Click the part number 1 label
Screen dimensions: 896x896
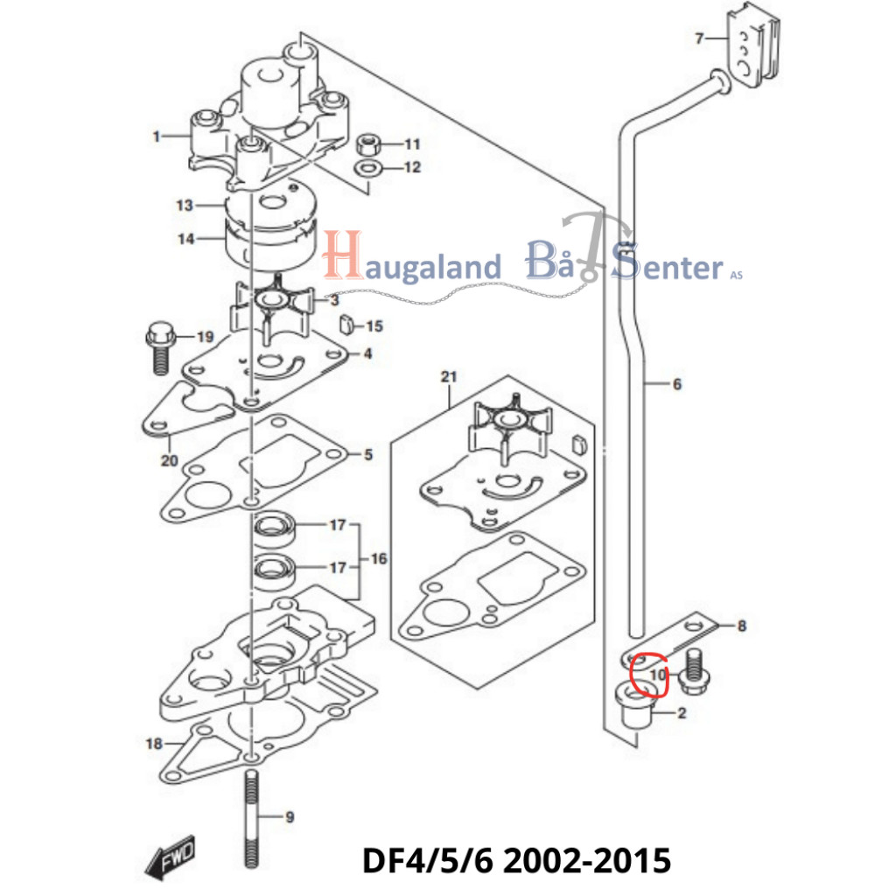(x=157, y=136)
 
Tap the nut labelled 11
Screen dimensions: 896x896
(x=369, y=143)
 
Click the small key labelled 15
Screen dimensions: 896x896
(x=346, y=325)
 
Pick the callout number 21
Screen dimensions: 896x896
(x=449, y=377)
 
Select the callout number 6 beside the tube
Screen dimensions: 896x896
(x=676, y=384)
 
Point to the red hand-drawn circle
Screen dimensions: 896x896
(x=647, y=674)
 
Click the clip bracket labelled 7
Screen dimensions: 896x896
(x=750, y=51)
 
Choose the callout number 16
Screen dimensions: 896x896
(x=379, y=558)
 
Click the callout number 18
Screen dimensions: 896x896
(x=154, y=744)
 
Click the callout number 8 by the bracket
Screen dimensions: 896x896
(x=742, y=626)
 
